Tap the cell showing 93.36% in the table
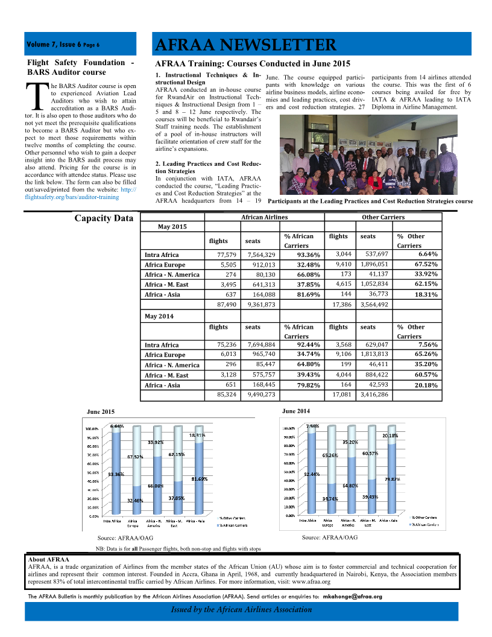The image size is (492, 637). click(x=308, y=255)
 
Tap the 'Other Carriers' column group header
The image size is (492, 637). click(x=383, y=217)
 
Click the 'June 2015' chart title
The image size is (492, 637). click(x=101, y=411)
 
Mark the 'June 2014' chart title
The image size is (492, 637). click(x=296, y=411)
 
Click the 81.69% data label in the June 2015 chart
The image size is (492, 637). click(x=200, y=479)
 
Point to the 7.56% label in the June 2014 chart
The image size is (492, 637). click(x=313, y=426)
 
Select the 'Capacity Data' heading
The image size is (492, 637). click(x=104, y=218)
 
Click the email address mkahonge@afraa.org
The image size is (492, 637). click(x=353, y=597)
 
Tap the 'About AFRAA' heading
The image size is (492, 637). click(x=49, y=559)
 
